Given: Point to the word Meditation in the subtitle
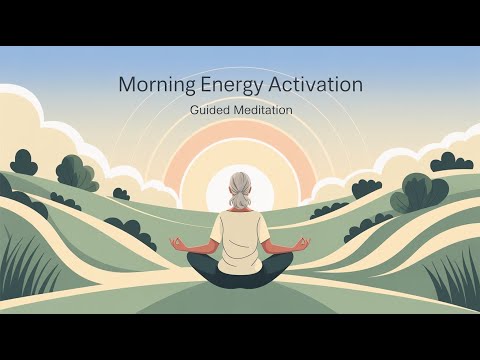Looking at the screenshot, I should [x=262, y=110].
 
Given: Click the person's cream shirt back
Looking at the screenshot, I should [x=240, y=240].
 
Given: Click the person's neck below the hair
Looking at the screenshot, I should [x=240, y=210].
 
